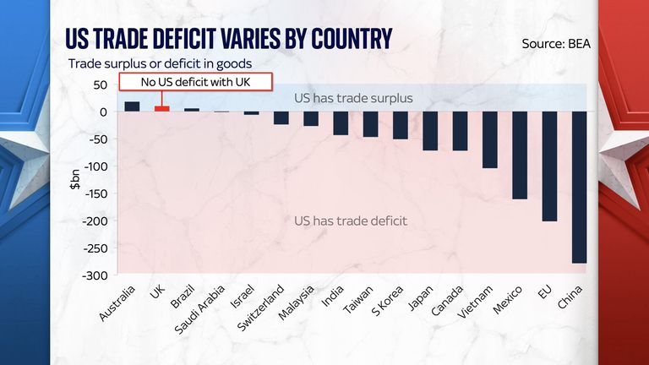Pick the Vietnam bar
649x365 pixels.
coord(490,139)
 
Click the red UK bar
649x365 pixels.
coord(161,109)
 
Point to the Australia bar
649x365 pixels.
coord(132,106)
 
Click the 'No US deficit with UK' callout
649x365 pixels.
coord(196,82)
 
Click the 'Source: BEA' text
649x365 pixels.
coord(558,43)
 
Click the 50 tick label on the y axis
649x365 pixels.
coord(100,84)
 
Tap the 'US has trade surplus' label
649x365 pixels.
coord(353,98)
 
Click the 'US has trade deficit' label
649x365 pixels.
coord(351,221)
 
